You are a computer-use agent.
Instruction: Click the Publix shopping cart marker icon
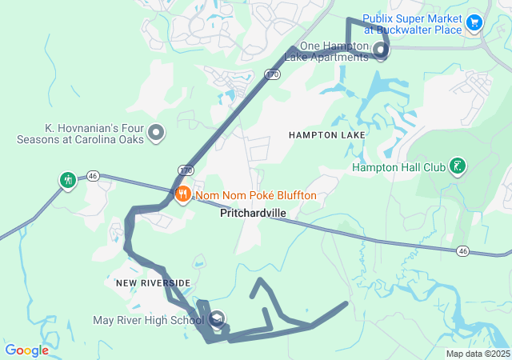474,22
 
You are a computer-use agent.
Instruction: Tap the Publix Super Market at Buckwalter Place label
412,24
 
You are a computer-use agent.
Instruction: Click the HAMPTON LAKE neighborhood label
327,135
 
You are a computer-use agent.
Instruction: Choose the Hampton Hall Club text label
398,167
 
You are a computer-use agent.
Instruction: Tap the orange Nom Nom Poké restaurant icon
183,194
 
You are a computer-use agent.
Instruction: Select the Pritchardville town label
253,214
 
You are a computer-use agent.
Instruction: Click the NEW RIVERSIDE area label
147,283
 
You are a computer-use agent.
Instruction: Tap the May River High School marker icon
218,321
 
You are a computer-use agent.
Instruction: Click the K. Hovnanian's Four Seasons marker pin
156,133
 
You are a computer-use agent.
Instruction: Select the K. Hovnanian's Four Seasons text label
80,133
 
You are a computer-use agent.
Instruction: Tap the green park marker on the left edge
67,179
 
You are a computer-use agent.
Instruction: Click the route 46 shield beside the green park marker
93,176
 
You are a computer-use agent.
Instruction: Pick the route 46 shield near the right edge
463,251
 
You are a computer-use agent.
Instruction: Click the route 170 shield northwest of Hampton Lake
273,74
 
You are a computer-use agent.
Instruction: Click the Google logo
26,350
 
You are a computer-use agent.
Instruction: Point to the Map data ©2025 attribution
478,354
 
